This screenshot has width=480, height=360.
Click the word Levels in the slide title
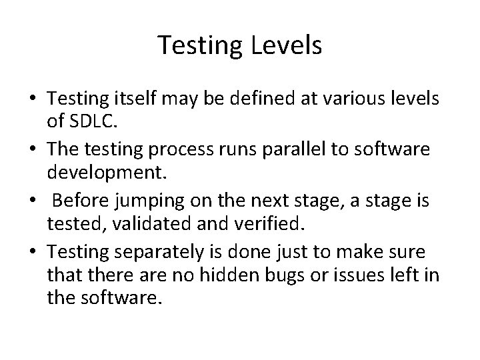pyautogui.click(x=288, y=45)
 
